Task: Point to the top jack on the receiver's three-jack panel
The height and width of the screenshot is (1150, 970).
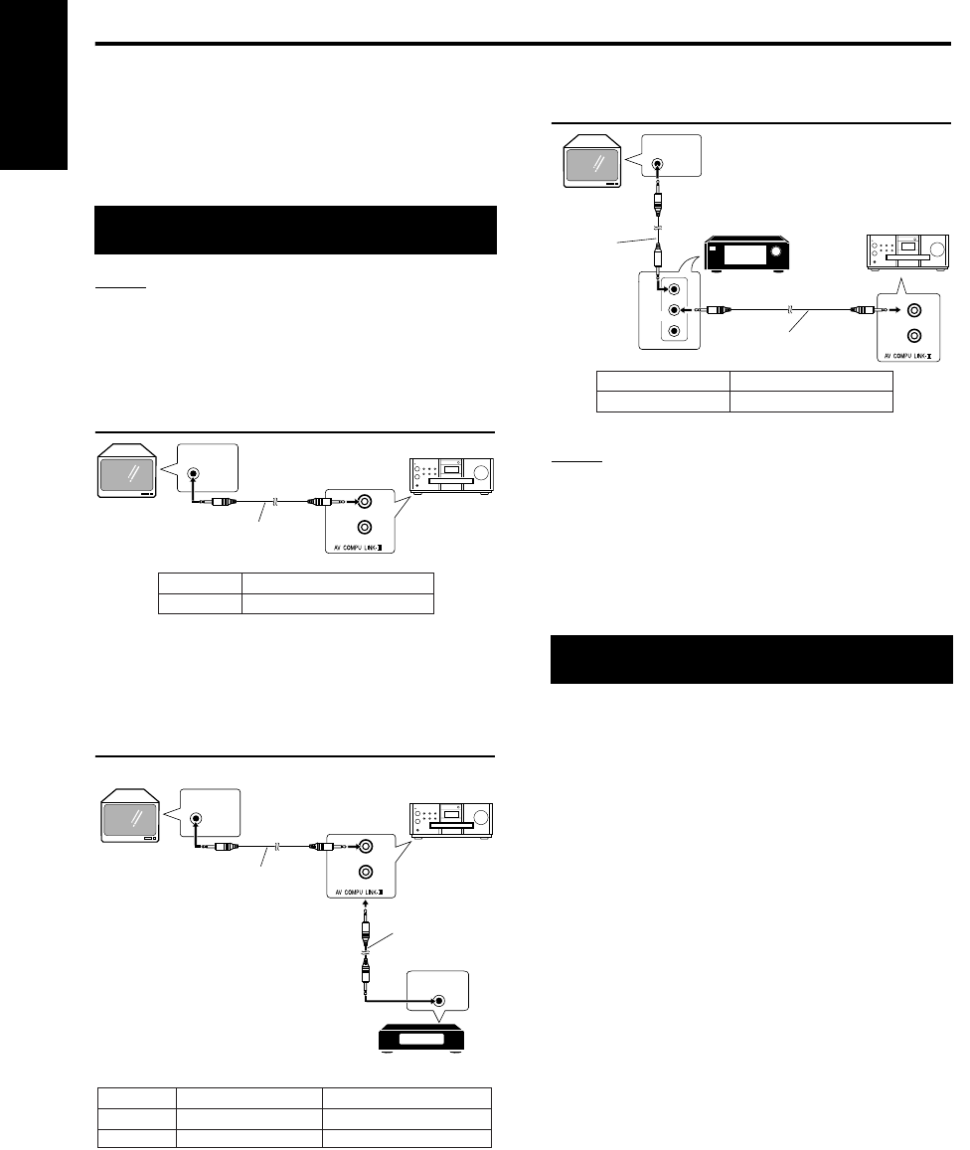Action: (675, 289)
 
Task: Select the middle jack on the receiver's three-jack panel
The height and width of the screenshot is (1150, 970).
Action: (675, 310)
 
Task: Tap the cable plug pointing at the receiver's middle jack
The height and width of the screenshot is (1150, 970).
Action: (718, 310)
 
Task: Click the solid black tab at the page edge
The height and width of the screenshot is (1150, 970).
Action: (36, 84)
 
